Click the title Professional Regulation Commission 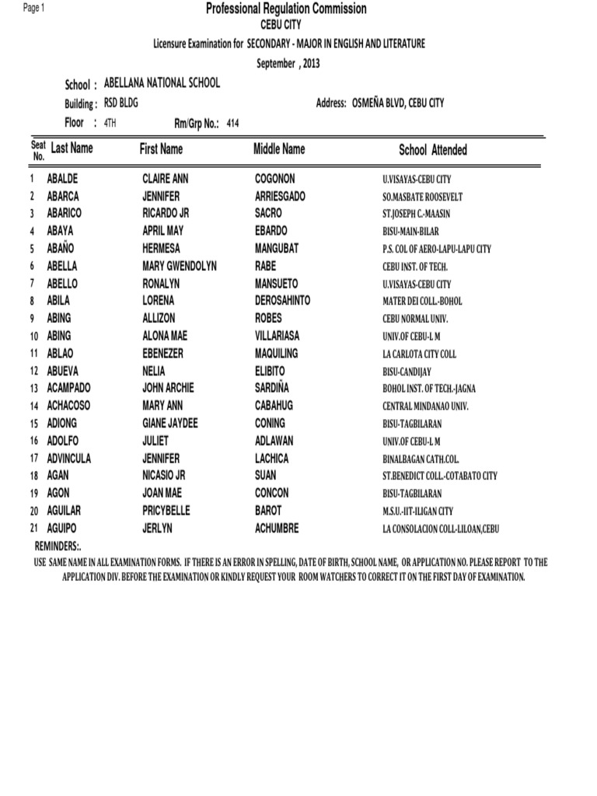(x=285, y=9)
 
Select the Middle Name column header (x=279, y=148)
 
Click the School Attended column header (x=433, y=150)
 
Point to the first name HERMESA (x=162, y=249)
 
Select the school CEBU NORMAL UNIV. (x=415, y=319)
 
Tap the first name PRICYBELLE (x=166, y=511)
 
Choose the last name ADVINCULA (x=69, y=459)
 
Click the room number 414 (x=232, y=123)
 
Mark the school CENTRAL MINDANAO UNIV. (x=425, y=406)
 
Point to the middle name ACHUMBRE (x=277, y=529)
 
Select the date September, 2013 (x=288, y=64)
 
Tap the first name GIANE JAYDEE (x=170, y=424)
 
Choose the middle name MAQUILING (x=276, y=354)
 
